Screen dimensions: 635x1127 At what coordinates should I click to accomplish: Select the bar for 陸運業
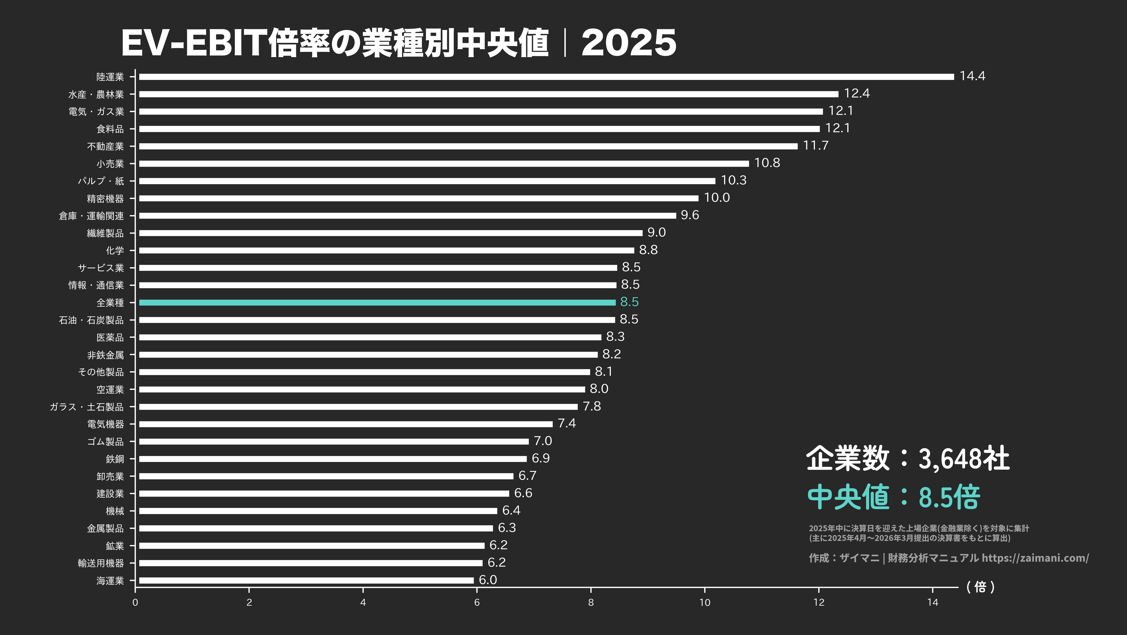coord(546,77)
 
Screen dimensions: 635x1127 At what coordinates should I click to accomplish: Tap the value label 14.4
coord(972,76)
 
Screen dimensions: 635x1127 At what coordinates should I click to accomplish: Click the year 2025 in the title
coord(629,43)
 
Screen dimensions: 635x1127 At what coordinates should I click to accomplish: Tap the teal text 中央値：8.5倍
coord(893,497)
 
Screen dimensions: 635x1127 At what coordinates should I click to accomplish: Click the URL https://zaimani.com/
coord(1035,558)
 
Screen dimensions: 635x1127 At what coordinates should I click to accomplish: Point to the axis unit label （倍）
coord(980,587)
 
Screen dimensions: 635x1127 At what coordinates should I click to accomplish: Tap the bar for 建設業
coord(324,494)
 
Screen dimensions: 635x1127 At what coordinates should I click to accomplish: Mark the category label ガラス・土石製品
coord(87,407)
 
